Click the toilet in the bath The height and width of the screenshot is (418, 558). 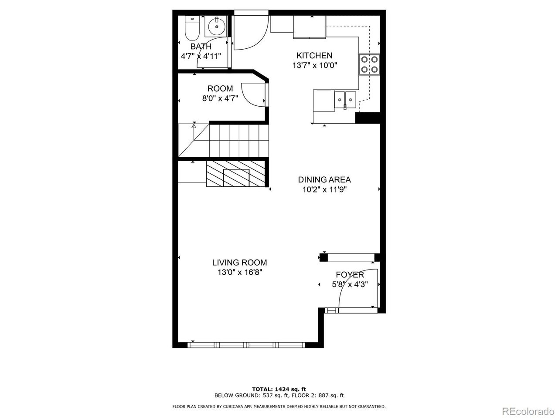coord(192,28)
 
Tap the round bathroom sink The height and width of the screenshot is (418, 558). coord(217,26)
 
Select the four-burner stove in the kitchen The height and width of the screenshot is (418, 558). coord(369,64)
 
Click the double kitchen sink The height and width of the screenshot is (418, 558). coord(345,100)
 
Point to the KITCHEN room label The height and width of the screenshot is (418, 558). coord(314,55)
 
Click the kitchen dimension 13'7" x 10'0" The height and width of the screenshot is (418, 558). coord(314,65)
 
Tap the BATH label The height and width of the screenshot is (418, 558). coord(201,47)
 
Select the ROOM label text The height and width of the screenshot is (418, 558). coord(220,88)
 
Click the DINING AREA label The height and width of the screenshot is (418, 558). coord(324,180)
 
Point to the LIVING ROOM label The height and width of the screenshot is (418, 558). coord(239,263)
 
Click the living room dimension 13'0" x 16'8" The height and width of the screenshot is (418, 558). coord(239,273)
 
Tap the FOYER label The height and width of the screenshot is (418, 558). coord(350,275)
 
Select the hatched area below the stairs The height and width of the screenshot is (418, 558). coord(235,174)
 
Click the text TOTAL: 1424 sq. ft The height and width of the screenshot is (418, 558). coord(279,389)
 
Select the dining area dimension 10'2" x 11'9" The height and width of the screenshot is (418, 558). coord(324,189)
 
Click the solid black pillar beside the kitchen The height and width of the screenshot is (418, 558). coord(367,118)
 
